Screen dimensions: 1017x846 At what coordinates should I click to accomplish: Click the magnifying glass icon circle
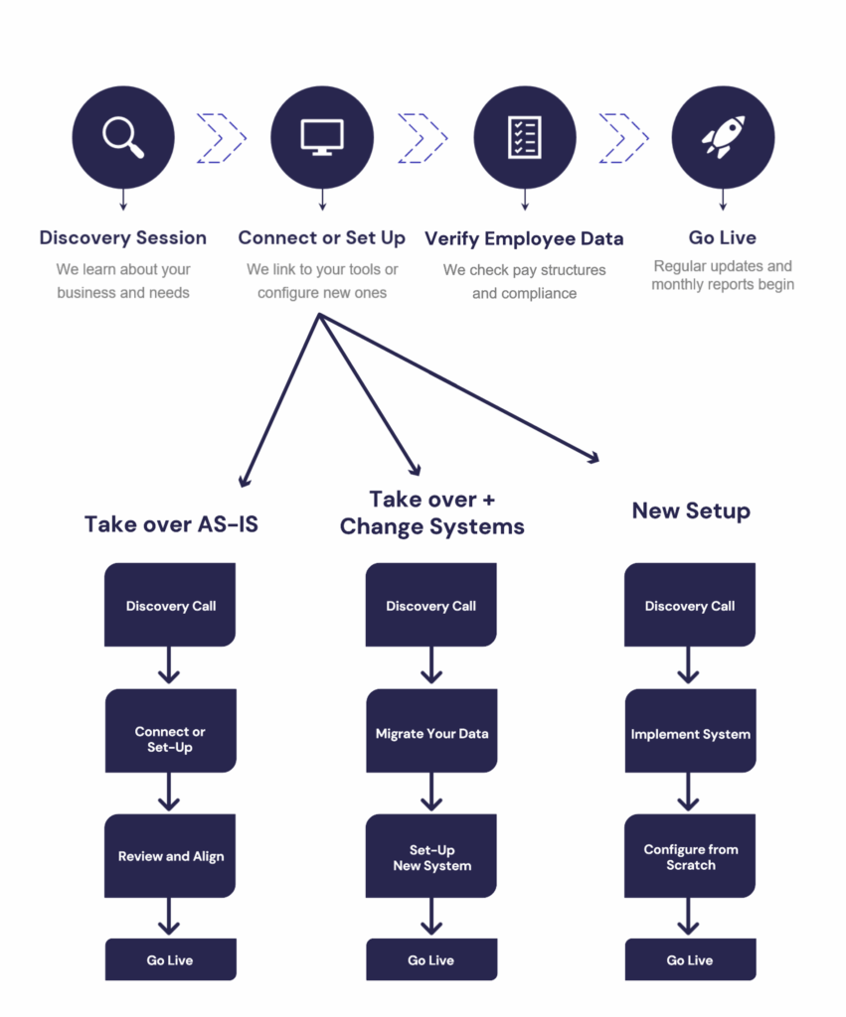123,137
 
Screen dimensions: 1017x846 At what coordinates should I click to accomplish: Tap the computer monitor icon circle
322,137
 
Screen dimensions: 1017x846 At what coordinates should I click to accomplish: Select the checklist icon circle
524,137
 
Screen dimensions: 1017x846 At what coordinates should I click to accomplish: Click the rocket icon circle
723,137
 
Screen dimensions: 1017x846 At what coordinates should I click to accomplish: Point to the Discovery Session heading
123,238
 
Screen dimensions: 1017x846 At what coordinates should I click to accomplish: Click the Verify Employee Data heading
524,238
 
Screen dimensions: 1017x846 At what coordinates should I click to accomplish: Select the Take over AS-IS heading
171,524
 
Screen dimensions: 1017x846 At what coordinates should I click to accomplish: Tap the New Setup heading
691,511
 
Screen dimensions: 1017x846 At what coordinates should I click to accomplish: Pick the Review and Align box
171,856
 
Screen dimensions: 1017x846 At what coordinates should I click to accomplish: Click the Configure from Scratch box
690,856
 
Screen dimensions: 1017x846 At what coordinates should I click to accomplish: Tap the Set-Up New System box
431,856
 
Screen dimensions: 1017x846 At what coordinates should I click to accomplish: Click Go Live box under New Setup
690,960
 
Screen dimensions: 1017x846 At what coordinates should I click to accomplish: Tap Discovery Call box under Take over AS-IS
171,606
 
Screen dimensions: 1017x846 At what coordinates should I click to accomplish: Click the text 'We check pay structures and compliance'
524,281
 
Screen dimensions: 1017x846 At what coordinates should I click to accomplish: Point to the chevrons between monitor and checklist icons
423,137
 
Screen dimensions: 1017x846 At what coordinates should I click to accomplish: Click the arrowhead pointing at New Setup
593,458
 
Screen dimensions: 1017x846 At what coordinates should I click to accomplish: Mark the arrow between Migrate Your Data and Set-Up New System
431,792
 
